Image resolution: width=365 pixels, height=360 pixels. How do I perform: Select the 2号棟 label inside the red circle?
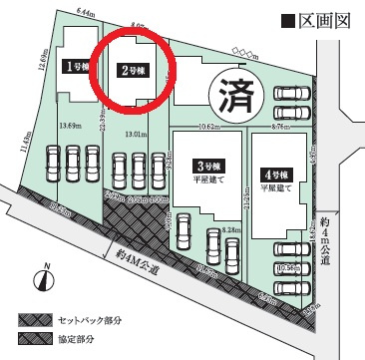tap(134, 71)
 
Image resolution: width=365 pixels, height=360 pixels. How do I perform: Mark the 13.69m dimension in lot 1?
tap(70, 126)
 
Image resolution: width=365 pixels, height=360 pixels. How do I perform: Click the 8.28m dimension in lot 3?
tap(230, 229)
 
